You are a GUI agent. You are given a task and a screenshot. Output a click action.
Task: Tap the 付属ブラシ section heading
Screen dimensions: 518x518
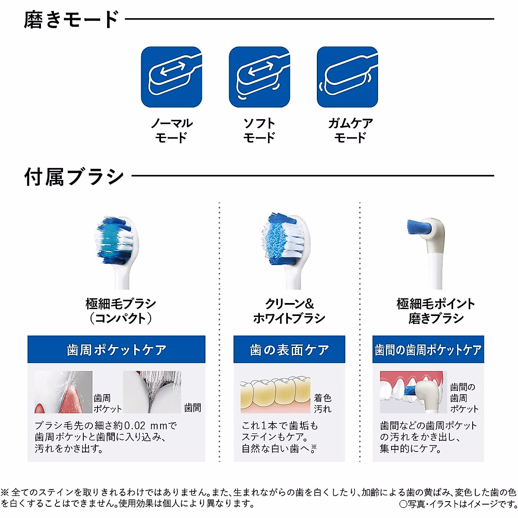point(74,177)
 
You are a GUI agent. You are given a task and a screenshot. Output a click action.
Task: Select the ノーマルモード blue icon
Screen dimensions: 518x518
point(171,77)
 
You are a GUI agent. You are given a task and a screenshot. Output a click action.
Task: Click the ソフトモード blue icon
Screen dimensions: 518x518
point(259,77)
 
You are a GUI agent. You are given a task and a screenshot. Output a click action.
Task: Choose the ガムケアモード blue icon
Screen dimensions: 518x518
point(347,77)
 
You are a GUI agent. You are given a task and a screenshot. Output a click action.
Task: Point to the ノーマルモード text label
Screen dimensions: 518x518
point(171,130)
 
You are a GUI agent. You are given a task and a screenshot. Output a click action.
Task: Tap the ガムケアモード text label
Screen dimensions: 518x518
point(350,130)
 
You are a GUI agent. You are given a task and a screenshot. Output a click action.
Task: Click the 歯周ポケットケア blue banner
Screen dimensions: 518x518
point(117,350)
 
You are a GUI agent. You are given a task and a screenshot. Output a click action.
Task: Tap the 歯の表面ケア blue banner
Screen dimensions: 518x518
point(289,350)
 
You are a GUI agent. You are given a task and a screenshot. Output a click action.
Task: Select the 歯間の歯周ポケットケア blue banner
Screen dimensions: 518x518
point(428,350)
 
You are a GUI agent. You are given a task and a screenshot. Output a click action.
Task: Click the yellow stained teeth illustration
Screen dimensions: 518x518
point(275,395)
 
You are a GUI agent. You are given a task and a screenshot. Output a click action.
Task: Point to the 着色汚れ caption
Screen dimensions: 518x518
point(322,403)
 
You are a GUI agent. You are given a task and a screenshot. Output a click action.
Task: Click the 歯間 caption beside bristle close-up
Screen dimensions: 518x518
point(193,407)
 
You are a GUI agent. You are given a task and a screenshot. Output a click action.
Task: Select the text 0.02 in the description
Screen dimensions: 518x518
point(135,426)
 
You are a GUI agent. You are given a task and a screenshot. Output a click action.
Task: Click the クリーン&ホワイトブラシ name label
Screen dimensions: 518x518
point(289,311)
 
